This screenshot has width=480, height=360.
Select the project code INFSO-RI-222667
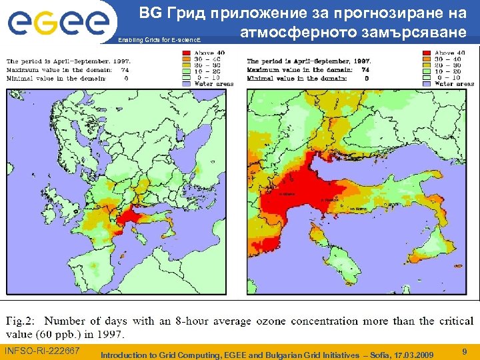click(x=42, y=351)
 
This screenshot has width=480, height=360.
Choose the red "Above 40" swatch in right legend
click(x=426, y=52)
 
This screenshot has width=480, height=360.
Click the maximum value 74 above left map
click(x=125, y=69)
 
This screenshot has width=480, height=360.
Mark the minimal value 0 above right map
click(x=365, y=78)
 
